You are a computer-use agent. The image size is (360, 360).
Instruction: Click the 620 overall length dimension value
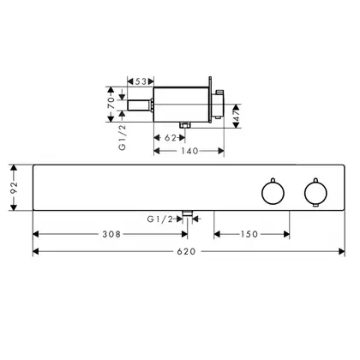(186, 251)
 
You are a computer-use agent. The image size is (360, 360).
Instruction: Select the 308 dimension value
(111, 234)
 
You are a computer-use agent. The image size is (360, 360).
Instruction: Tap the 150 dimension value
(249, 234)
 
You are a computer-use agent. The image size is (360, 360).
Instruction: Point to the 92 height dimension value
(14, 188)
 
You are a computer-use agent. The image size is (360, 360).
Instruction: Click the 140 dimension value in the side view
(189, 151)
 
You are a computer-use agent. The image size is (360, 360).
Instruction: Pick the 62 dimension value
(171, 138)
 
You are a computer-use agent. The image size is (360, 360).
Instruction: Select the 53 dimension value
(141, 81)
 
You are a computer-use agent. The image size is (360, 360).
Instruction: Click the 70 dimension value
(111, 103)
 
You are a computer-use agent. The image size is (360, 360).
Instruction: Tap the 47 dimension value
(237, 116)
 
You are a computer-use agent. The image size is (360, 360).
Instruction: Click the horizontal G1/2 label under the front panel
(160, 219)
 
